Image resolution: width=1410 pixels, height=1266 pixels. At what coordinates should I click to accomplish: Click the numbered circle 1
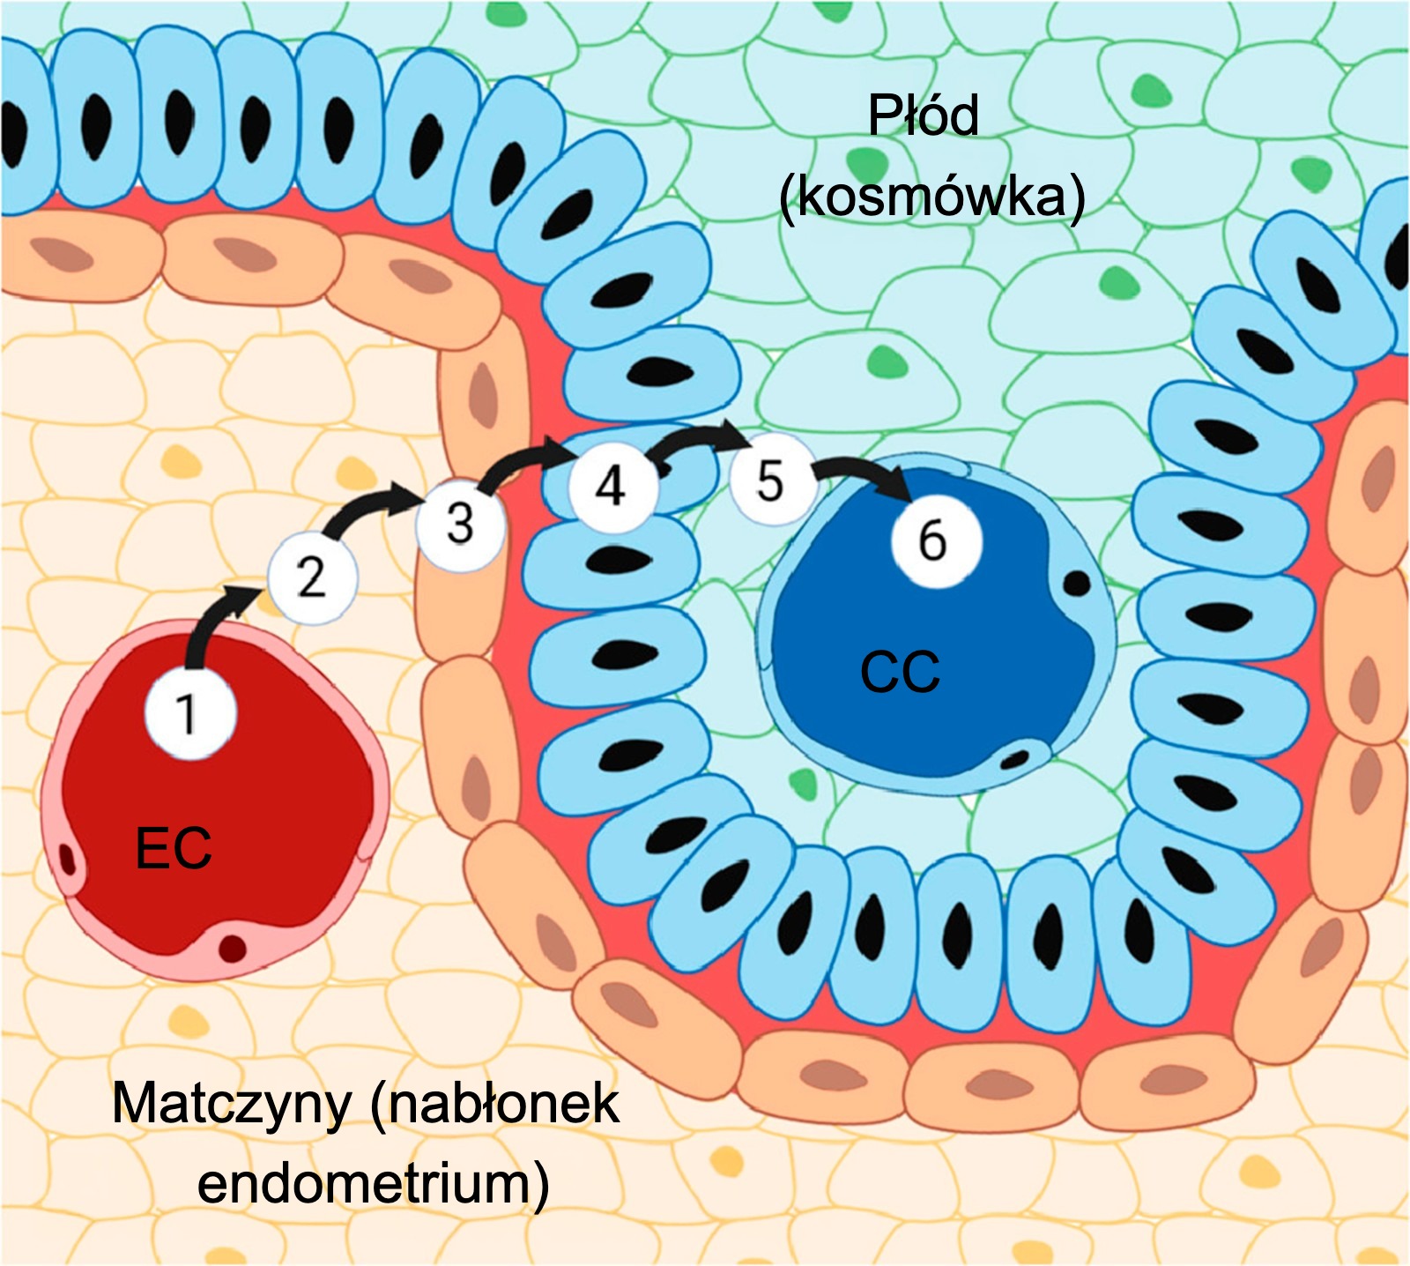190,712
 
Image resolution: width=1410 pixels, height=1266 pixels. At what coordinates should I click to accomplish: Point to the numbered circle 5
769,481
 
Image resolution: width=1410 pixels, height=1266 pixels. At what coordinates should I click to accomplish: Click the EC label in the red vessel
173,848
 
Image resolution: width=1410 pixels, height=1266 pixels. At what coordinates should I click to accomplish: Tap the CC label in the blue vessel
900,672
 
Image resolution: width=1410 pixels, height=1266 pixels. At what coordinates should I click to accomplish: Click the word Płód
923,115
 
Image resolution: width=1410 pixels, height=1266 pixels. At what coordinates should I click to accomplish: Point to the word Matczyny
231,1103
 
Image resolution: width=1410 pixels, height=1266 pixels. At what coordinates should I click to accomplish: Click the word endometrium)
373,1182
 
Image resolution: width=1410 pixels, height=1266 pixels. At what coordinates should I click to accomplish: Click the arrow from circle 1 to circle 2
211,622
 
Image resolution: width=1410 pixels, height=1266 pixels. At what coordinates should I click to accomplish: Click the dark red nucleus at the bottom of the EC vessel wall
233,948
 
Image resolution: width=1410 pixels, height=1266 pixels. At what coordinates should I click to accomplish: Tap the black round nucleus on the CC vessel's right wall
1077,583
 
